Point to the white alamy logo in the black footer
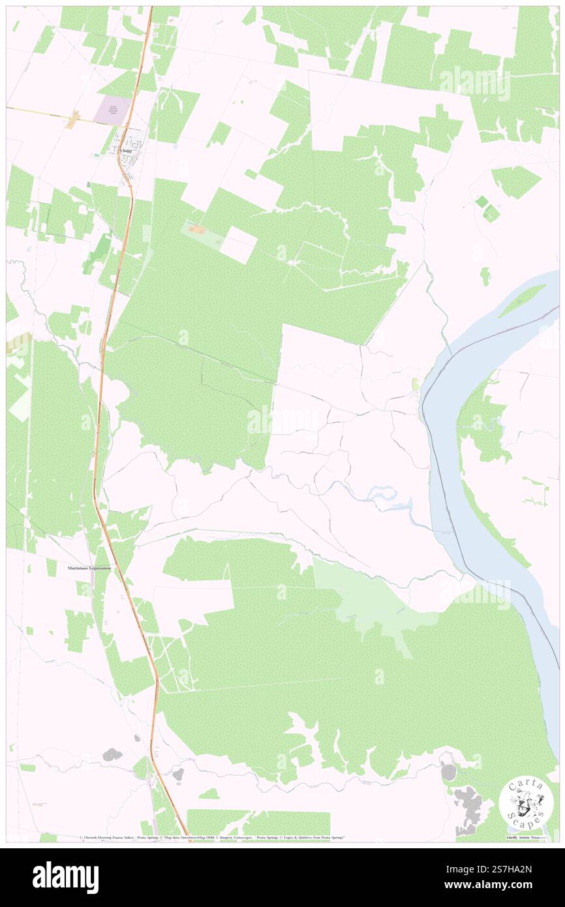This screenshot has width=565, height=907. [65, 877]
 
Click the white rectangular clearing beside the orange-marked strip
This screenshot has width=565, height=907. [237, 245]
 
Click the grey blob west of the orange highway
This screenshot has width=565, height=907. [112, 755]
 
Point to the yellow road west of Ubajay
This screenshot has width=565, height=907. [39, 112]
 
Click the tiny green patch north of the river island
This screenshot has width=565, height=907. [485, 275]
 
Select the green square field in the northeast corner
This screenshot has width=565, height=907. [515, 181]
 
